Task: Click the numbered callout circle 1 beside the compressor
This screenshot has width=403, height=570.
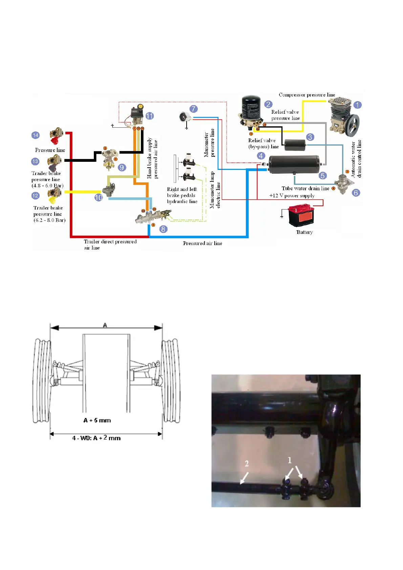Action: tap(357, 105)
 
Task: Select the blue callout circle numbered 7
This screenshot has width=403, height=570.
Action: tap(193, 109)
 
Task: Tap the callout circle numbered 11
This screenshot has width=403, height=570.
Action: tap(150, 116)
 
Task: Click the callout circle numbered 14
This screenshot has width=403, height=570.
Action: tap(36, 135)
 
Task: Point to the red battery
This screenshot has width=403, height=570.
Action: tap(301, 215)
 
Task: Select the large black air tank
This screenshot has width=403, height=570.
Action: tap(294, 164)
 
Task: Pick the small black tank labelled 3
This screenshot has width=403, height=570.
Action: tap(295, 145)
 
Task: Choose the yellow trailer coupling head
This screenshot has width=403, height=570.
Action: tap(54, 195)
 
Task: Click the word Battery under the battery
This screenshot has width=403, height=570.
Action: tap(304, 232)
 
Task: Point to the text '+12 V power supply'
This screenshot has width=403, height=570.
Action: tap(292, 196)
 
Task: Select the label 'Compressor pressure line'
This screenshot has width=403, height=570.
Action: tap(307, 95)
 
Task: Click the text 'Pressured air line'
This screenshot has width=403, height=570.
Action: tap(203, 243)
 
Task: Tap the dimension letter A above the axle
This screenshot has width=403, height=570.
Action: tap(105, 325)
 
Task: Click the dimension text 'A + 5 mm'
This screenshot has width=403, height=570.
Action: tap(97, 420)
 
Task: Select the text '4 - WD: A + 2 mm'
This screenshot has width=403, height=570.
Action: tap(97, 438)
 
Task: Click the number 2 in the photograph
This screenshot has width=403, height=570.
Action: tap(247, 463)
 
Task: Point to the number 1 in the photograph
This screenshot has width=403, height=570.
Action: tap(290, 460)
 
